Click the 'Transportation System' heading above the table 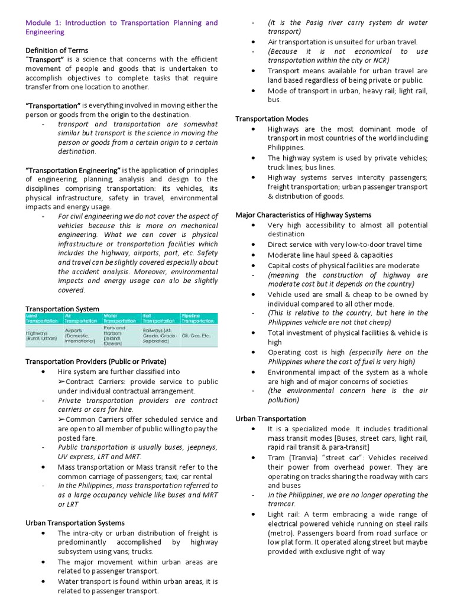pyautogui.click(x=62, y=308)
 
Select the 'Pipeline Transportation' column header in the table pyautogui.click(x=197, y=318)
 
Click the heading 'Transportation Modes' pyautogui.click(x=271, y=119)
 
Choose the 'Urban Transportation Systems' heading pyautogui.click(x=74, y=523)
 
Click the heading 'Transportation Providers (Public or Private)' pyautogui.click(x=96, y=361)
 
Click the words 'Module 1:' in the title pyautogui.click(x=43, y=23)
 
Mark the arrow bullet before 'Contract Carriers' pyautogui.click(x=61, y=382)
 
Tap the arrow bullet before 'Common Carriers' pyautogui.click(x=61, y=419)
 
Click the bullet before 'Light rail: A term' pyautogui.click(x=253, y=515)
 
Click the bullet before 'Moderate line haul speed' pyautogui.click(x=253, y=255)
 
